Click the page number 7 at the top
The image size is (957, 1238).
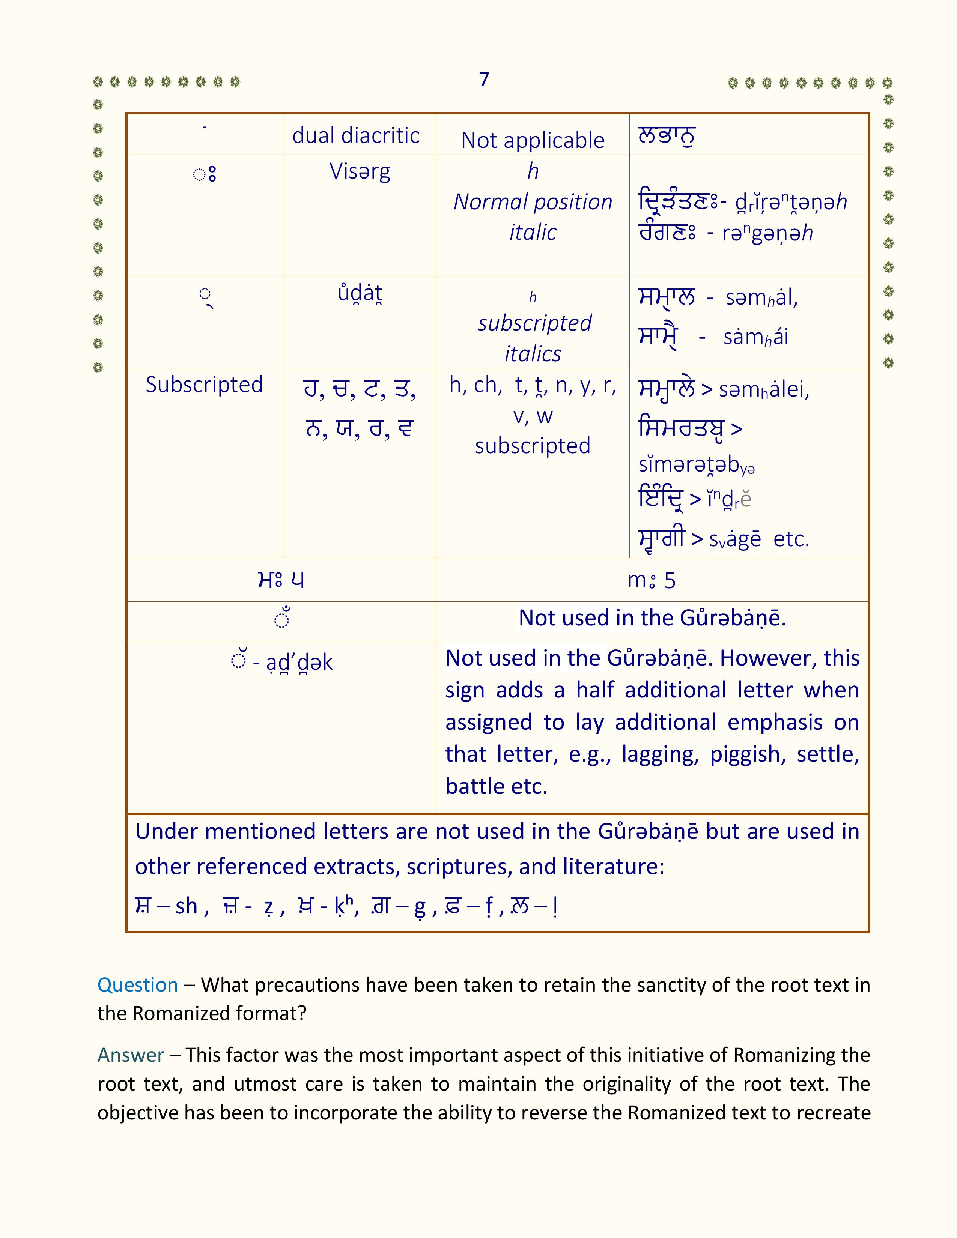[x=484, y=80]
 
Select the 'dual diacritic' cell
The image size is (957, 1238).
[x=356, y=135]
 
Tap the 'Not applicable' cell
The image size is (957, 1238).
[x=533, y=140]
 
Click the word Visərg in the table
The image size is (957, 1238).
[x=360, y=171]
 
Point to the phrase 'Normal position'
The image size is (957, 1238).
[x=533, y=202]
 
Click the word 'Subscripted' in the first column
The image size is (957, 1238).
[x=204, y=384]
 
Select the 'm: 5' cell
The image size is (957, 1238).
[x=652, y=580]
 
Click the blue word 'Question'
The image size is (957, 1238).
[x=138, y=985]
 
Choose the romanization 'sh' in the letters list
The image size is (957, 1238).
[x=186, y=906]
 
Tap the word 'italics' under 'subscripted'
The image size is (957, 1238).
[x=533, y=354]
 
